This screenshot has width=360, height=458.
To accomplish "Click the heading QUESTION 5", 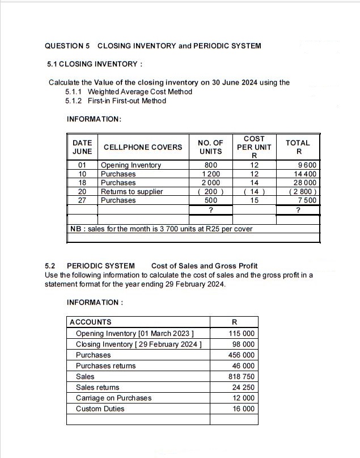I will [x=67, y=45].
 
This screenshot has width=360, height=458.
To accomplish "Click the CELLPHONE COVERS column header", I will [x=142, y=147].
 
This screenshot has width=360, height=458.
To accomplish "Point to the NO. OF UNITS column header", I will [x=210, y=147].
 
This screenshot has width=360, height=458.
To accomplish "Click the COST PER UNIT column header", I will [x=254, y=146].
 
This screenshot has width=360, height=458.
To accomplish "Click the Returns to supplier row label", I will [x=132, y=191].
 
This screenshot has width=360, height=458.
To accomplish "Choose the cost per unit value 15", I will [x=254, y=200].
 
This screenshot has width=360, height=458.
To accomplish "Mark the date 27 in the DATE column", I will [x=82, y=200].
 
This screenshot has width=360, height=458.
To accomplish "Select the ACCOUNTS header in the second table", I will [x=90, y=322].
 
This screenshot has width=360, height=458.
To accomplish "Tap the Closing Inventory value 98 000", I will [x=243, y=344].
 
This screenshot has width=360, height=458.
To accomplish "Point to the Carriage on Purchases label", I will [x=113, y=398].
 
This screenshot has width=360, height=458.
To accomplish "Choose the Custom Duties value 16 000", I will [x=243, y=409].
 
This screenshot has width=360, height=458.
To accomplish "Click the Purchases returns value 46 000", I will [x=243, y=365].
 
